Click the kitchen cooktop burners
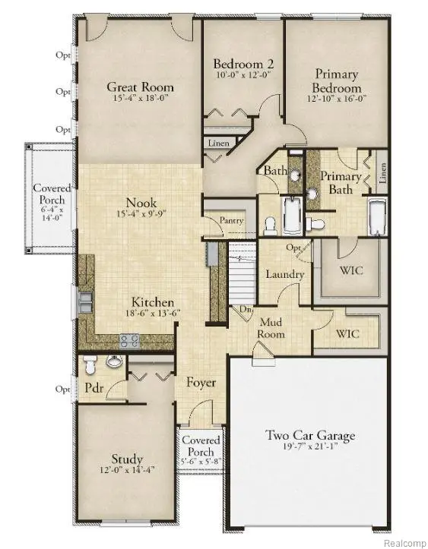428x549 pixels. tap(129, 341)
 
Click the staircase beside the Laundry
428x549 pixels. tap(240, 281)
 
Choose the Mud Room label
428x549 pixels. tap(270, 328)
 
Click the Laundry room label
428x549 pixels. tap(285, 274)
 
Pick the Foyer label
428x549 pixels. tap(201, 383)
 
